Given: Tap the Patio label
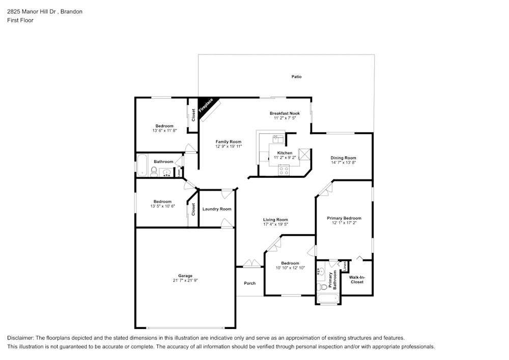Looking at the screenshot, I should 296,77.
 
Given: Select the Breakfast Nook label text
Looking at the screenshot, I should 285,113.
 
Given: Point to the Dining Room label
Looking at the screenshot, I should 344,158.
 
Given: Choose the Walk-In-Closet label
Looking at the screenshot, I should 357,280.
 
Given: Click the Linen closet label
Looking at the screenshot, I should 345,266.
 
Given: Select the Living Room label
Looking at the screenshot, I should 275,219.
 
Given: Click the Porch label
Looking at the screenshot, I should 249,283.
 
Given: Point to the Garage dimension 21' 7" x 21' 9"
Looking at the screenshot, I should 185,281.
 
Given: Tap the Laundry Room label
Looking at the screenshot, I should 217,209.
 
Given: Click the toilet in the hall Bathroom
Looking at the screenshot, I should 154,171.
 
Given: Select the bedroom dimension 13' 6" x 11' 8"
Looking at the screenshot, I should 164,131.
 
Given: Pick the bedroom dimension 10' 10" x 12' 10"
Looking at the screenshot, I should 290,268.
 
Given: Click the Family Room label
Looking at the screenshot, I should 228,142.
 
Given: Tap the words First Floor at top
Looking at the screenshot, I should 20,20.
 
